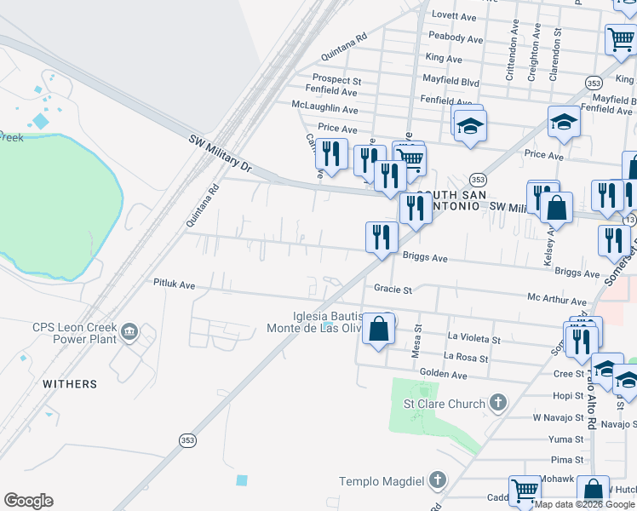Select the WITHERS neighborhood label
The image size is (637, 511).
[x=70, y=384]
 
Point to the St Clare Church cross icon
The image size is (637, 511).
[x=498, y=403]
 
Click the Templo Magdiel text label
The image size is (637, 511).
[x=381, y=481]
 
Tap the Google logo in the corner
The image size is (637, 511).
[x=28, y=501]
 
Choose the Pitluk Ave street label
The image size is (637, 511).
[x=175, y=283]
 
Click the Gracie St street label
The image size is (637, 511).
[x=393, y=290]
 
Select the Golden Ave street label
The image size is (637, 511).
[x=443, y=375]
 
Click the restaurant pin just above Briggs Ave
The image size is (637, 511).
[x=382, y=237]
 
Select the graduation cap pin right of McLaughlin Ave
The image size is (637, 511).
[x=468, y=127]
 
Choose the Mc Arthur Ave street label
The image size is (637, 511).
[x=557, y=301]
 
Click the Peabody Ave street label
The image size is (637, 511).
[x=457, y=37]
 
